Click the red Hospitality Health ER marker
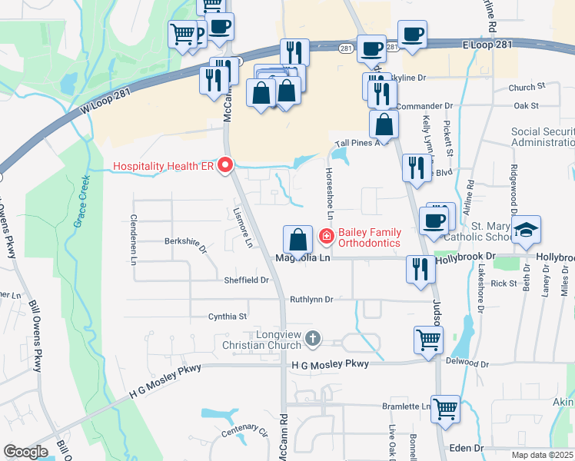pos(225,165)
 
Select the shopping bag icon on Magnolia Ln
pos(297,240)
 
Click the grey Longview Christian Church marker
pos(312,337)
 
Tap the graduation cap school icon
pos(527,230)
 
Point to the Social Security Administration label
pos(543,138)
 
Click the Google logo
pos(25,452)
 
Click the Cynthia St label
pos(228,316)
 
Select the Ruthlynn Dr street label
pos(311,299)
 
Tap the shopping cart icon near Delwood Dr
pos(428,339)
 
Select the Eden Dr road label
pos(467,447)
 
